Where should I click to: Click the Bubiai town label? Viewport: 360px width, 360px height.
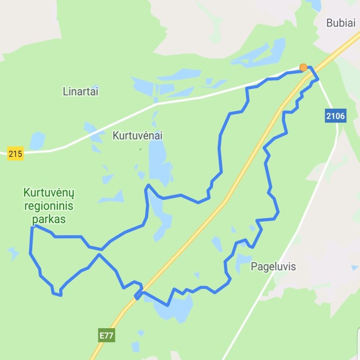[x=340, y=22]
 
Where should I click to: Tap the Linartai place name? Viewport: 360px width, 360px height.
[x=81, y=91]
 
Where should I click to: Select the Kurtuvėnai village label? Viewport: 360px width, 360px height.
[x=137, y=135]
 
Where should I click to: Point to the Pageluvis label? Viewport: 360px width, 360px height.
[x=273, y=267]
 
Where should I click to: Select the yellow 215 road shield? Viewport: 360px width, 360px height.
[x=15, y=154]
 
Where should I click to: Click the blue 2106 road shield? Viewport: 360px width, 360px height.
[x=335, y=116]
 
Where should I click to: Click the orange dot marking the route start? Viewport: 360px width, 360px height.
[x=303, y=67]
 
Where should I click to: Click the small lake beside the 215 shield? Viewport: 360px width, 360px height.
[x=37, y=141]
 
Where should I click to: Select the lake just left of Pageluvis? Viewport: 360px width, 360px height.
[x=243, y=261]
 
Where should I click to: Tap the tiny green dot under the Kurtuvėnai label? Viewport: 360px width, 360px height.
[x=140, y=149]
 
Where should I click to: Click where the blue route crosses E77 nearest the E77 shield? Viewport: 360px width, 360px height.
[x=138, y=295]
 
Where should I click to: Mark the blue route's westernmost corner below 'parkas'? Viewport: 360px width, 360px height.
[x=32, y=227]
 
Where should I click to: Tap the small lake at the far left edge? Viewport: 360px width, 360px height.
[x=13, y=253]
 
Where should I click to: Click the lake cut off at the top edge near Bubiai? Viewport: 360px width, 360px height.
[x=313, y=5]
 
